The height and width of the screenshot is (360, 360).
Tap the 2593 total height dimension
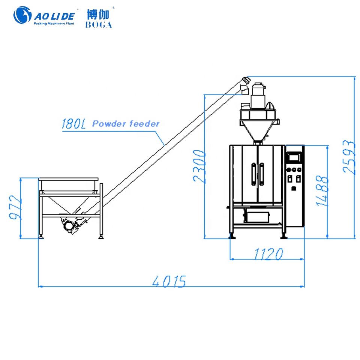349,157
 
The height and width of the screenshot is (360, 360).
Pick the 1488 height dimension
322,191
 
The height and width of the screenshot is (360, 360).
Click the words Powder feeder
126,123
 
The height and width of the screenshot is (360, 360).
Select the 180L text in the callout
73,124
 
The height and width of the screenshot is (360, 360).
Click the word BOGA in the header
99,25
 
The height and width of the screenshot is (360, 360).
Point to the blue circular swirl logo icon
23,16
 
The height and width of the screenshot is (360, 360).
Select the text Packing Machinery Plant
55,23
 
